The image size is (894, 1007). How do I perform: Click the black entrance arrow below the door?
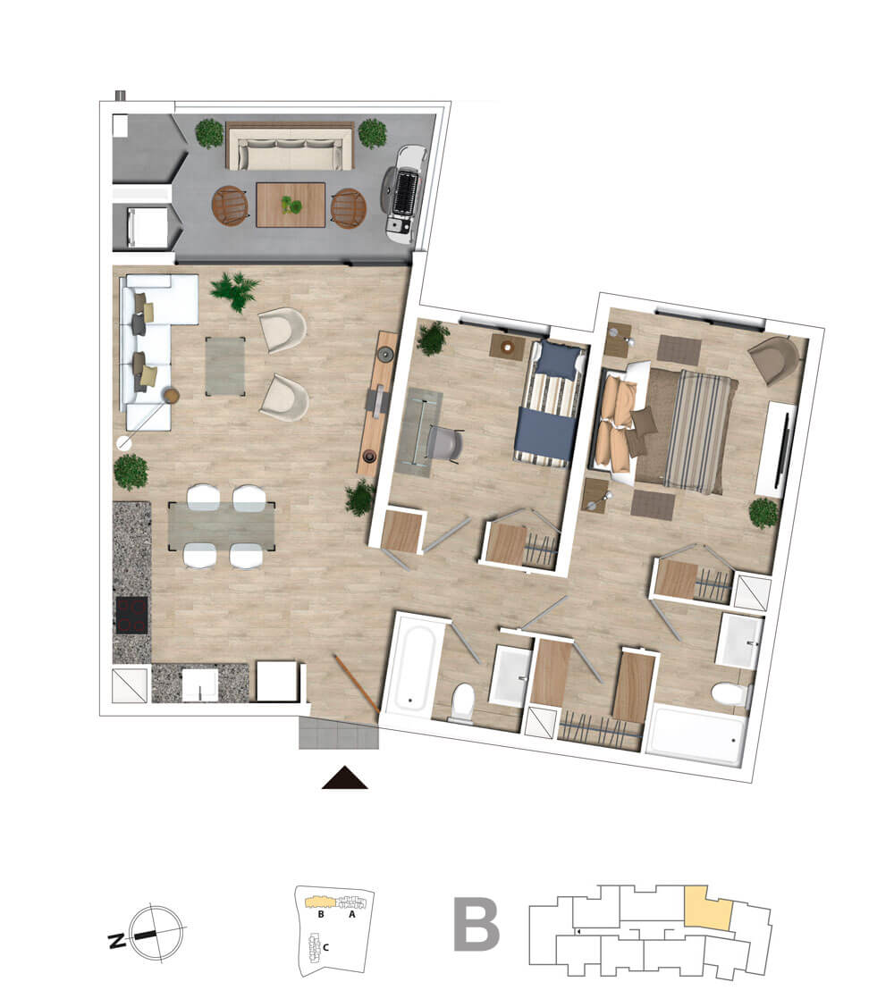(344, 778)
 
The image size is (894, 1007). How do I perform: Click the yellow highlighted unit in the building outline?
(708, 907)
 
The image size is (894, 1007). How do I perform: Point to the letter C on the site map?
(325, 946)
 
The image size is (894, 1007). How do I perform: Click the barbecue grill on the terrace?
(404, 194)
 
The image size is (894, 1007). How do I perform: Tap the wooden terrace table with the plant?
(291, 205)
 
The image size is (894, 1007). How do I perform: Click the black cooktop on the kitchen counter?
(131, 616)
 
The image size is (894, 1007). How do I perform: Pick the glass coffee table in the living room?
(225, 366)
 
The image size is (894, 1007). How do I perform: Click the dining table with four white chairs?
(222, 526)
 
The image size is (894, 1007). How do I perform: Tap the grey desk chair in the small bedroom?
(444, 444)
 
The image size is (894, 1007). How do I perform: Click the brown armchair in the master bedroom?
(773, 359)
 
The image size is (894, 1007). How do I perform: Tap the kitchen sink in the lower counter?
(200, 685)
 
